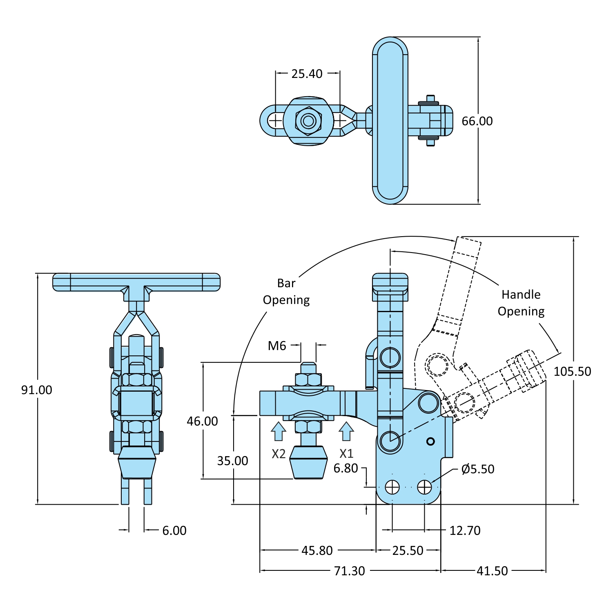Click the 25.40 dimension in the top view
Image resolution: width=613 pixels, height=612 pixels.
click(307, 74)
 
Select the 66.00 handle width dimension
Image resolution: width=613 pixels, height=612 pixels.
click(477, 121)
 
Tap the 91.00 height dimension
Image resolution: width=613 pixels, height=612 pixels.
click(37, 390)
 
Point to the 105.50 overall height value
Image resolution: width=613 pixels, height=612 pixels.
click(572, 372)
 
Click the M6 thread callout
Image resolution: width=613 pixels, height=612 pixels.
click(277, 346)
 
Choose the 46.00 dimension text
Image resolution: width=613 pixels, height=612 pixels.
click(202, 421)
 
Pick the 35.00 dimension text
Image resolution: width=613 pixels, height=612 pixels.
click(232, 461)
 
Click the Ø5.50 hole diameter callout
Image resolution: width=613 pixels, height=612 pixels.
click(477, 469)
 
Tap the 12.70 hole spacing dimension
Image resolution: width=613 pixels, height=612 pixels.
click(465, 530)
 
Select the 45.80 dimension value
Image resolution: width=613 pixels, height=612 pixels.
click(317, 550)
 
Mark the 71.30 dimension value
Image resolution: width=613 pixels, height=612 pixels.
click(349, 571)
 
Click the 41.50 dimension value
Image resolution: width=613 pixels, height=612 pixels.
click(492, 571)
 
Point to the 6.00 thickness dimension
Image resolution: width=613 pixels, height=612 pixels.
click(174, 530)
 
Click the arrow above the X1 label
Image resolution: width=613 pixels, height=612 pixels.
click(346, 431)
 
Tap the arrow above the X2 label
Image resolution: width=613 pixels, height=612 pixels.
click(279, 431)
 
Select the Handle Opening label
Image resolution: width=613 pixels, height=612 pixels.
click(521, 303)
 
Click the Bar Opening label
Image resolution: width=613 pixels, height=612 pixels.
click(286, 291)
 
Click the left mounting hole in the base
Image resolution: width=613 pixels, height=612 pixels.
click(392, 487)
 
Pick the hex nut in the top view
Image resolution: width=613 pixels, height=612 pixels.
click(308, 121)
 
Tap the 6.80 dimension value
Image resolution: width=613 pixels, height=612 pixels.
click(346, 468)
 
